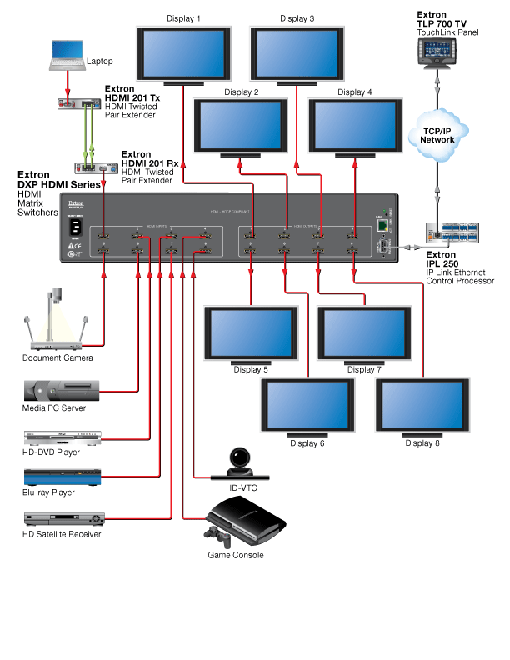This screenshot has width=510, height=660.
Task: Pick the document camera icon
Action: coord(56,321)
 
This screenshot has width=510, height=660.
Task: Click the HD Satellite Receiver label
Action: coord(62,534)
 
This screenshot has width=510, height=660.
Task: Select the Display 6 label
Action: coord(307,442)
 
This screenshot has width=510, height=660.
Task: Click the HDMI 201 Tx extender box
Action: coord(78,104)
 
